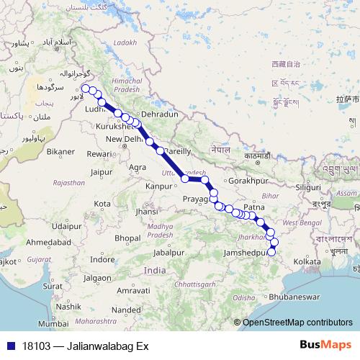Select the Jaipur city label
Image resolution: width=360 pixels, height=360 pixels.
[104, 171]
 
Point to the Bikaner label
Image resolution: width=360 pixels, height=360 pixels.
[60, 152]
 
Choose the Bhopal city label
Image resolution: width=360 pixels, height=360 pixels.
[128, 237]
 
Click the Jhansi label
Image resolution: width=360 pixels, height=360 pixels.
[147, 212]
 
